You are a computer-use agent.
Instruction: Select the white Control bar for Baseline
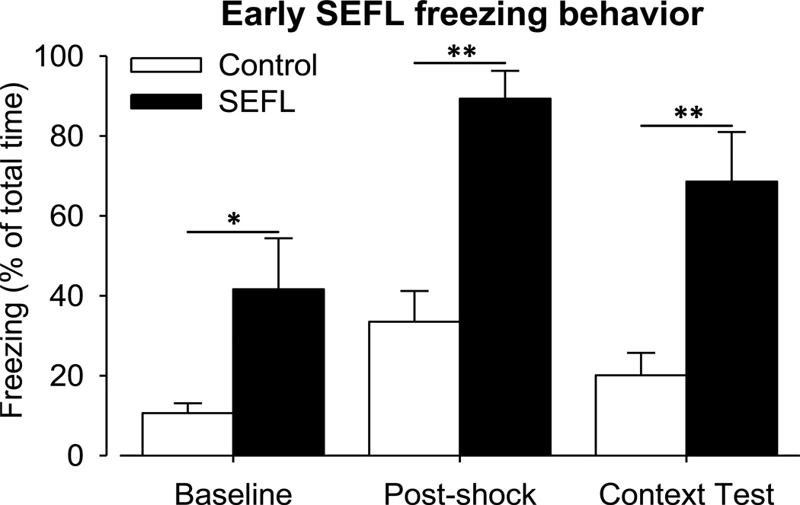187,434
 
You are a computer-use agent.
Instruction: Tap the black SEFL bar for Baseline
278,372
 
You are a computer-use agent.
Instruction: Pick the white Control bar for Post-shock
414,388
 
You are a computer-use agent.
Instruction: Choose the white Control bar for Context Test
641,415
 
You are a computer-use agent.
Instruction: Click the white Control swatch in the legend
167,65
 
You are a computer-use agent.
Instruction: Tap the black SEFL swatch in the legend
167,102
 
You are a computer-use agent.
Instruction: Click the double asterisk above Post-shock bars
459,52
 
